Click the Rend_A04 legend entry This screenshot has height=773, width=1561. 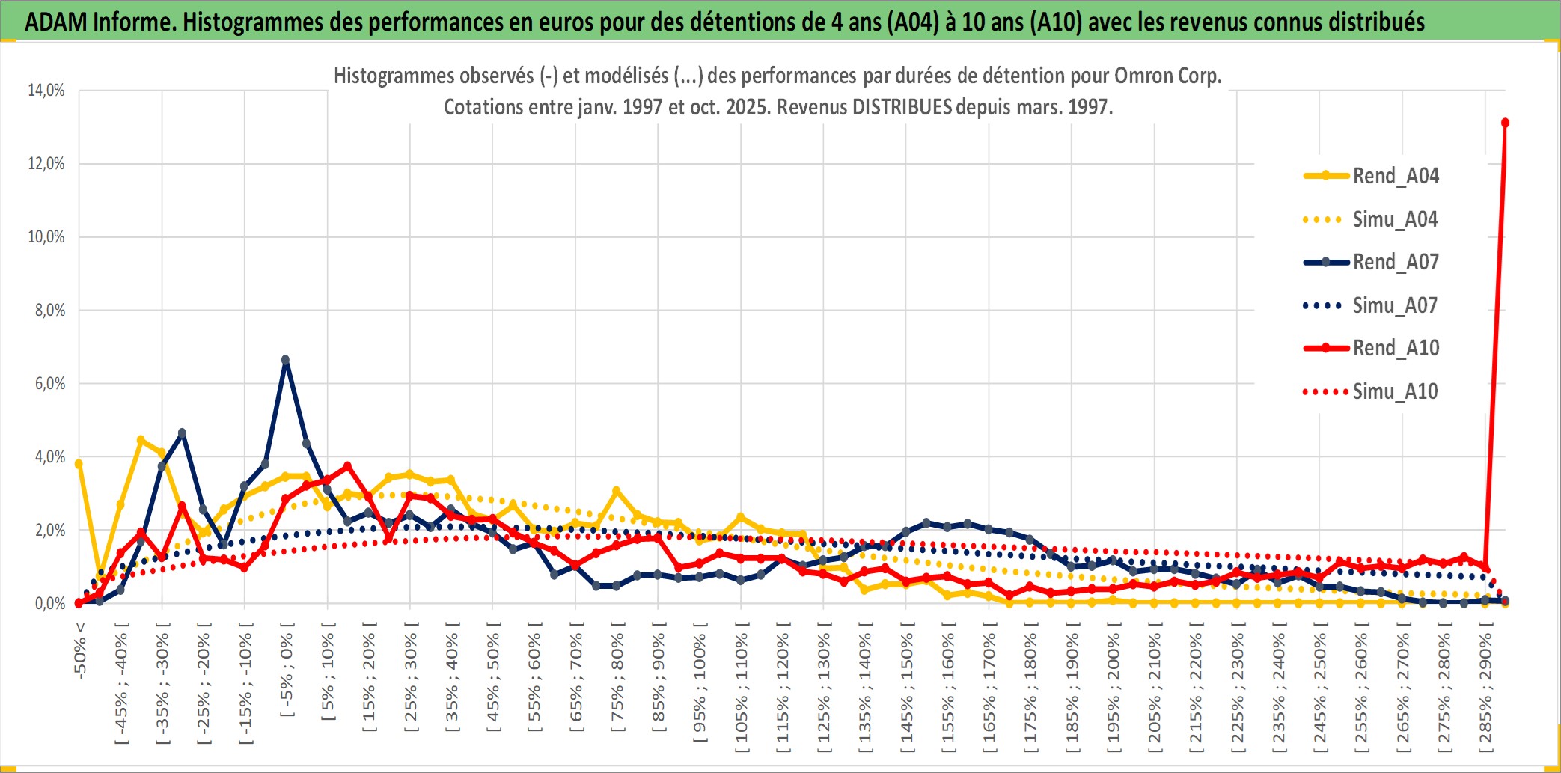pyautogui.click(x=1395, y=176)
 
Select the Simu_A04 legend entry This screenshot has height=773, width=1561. pyautogui.click(x=1395, y=219)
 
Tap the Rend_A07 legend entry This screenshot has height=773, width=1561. pyautogui.click(x=1395, y=262)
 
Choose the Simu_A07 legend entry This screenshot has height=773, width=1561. pyautogui.click(x=1395, y=305)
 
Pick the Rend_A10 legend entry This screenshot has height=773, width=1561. pyautogui.click(x=1395, y=348)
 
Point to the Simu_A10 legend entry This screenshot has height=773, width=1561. pyautogui.click(x=1395, y=391)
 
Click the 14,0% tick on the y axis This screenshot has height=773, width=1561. pyautogui.click(x=46, y=91)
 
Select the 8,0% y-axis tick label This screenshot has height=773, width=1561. pyautogui.click(x=50, y=311)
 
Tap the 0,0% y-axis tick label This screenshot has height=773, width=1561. pyautogui.click(x=50, y=604)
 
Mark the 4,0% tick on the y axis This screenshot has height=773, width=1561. pyautogui.click(x=50, y=457)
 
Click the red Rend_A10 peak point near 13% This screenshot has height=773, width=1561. pyautogui.click(x=1505, y=123)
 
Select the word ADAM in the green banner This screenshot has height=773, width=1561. pyautogui.click(x=56, y=22)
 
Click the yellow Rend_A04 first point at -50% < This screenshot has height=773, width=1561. pyautogui.click(x=79, y=464)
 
